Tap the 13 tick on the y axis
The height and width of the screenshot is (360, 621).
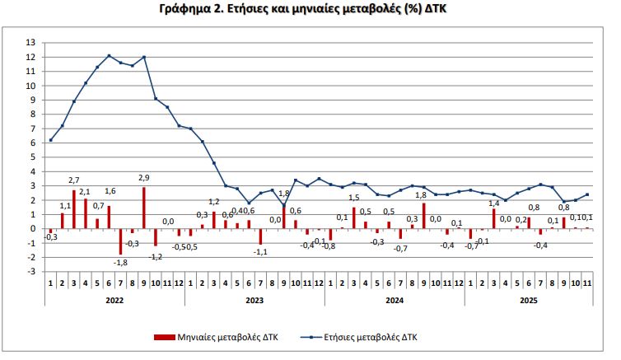pyautogui.click(x=30, y=43)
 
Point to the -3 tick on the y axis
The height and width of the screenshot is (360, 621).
pyautogui.click(x=30, y=271)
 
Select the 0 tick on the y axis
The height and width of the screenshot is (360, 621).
pyautogui.click(x=32, y=228)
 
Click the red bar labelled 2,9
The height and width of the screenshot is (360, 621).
pyautogui.click(x=144, y=208)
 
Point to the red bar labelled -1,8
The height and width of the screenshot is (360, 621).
pyautogui.click(x=120, y=241)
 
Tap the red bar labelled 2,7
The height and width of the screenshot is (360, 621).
pyautogui.click(x=74, y=209)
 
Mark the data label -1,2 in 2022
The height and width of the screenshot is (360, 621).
pyautogui.click(x=156, y=257)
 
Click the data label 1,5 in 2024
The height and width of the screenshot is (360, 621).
pyautogui.click(x=354, y=198)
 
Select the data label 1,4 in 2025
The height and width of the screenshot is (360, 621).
pyautogui.click(x=495, y=203)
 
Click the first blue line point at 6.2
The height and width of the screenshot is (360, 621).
pyautogui.click(x=51, y=140)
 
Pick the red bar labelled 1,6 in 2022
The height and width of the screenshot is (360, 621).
pyautogui.click(x=109, y=217)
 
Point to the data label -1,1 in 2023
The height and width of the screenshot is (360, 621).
pyautogui.click(x=260, y=252)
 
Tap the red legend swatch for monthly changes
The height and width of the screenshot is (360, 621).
pyautogui.click(x=165, y=338)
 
